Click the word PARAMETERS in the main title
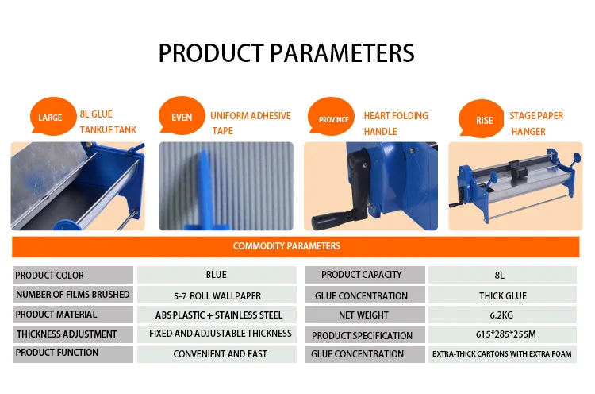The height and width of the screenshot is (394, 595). click(342, 52)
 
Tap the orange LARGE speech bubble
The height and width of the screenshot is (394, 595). click(52, 116)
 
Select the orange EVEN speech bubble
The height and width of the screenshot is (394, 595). click(182, 116)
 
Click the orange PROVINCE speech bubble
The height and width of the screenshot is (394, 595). click(332, 117)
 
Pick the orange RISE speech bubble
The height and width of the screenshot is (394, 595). click(482, 118)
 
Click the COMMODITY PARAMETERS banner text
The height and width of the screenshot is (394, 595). click(286, 246)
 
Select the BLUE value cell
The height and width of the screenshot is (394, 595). click(217, 275)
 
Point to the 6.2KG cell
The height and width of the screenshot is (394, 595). click(502, 315)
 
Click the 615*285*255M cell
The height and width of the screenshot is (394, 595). click(502, 334)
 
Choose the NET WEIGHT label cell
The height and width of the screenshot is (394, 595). click(365, 315)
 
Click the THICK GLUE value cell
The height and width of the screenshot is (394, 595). click(502, 295)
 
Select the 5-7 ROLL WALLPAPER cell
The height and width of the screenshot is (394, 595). click(217, 295)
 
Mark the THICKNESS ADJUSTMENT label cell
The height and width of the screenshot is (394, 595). click(73, 334)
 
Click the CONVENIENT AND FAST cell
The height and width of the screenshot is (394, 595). click(217, 354)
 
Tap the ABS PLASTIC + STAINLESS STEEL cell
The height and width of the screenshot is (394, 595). click(217, 315)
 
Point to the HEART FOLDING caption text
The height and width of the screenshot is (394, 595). click(396, 115)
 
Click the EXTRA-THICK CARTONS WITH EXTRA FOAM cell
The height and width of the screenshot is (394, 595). click(502, 354)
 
